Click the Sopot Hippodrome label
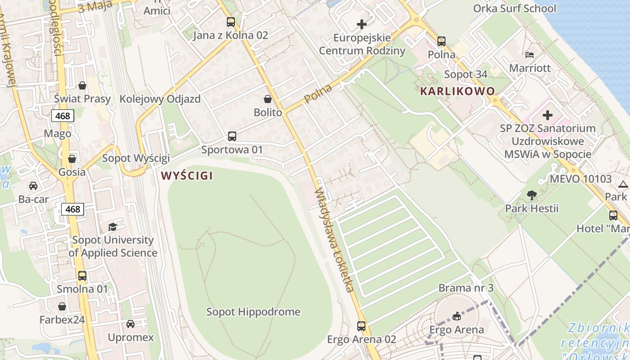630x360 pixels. [x=253, y=312]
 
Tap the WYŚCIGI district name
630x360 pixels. [x=187, y=175]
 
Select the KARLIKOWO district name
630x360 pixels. [x=457, y=91]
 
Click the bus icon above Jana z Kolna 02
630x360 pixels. [x=231, y=22]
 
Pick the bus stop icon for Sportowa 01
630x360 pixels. [x=232, y=136]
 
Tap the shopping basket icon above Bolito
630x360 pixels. [x=268, y=99]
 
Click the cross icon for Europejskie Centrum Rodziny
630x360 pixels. [x=362, y=24]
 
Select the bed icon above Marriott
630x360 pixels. [x=530, y=55]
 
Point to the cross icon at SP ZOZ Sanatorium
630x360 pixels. [x=548, y=115]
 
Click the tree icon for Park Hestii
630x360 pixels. [x=532, y=195]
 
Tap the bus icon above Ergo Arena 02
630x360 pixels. [x=361, y=326]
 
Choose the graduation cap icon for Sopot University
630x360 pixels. [x=112, y=227]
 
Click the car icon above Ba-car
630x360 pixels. [x=33, y=186]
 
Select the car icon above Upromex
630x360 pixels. [x=130, y=324]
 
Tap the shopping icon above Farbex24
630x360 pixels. [x=62, y=307]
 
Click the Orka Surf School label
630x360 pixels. [x=514, y=9]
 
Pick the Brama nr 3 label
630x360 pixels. [x=466, y=288]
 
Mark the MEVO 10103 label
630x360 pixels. [x=580, y=179]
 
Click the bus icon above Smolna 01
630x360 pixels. [x=82, y=276]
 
